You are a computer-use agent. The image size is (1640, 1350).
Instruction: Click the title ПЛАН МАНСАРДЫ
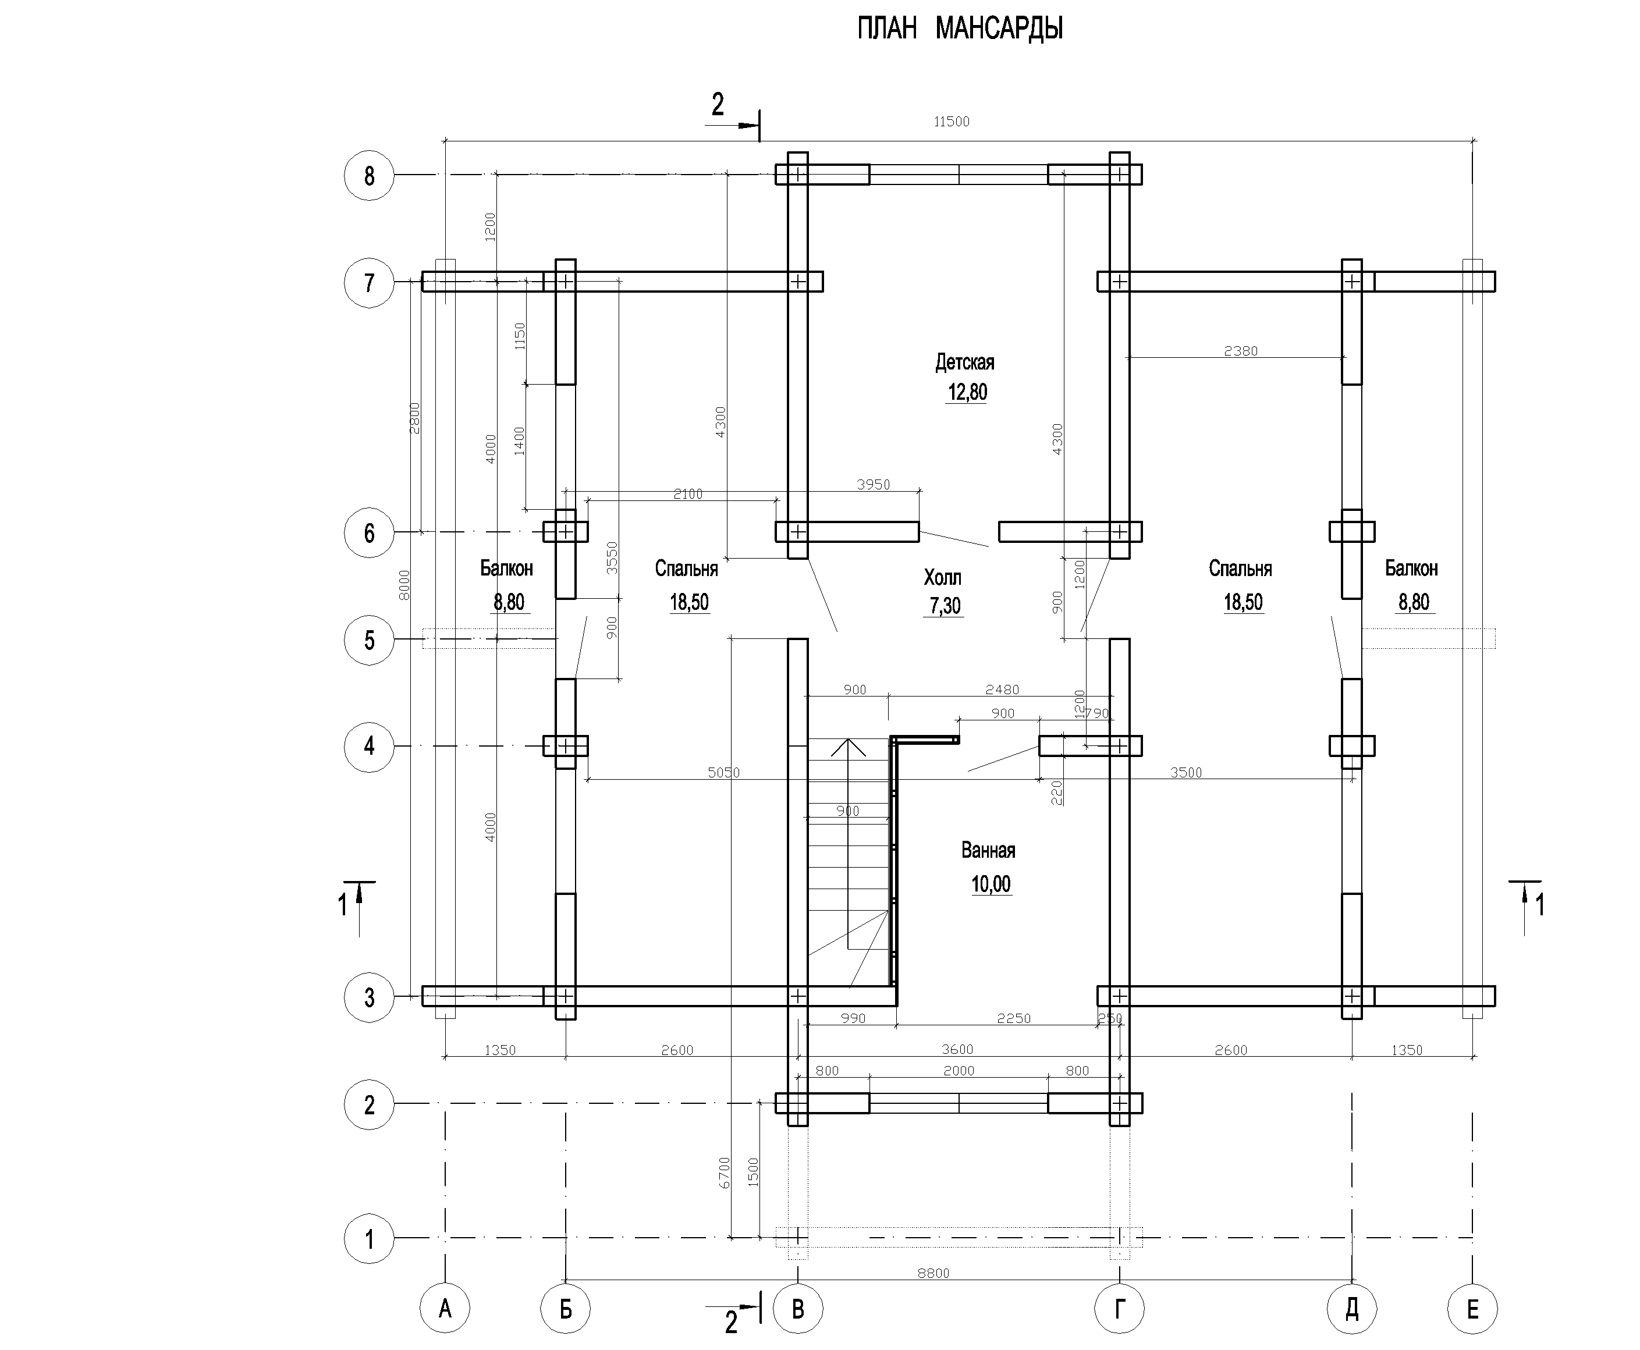[960, 29]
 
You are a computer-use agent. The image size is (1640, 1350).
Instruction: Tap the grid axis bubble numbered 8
[370, 176]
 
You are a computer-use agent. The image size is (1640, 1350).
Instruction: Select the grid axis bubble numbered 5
[370, 640]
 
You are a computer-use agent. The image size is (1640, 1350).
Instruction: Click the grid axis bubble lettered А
[445, 1309]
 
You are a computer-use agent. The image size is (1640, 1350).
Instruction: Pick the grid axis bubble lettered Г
[1119, 1309]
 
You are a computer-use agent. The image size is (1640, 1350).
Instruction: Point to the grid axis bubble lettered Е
[1472, 1309]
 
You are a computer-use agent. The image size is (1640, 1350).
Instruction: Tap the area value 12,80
[967, 392]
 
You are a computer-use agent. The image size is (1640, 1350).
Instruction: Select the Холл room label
[942, 578]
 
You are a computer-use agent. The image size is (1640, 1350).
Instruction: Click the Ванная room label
[988, 850]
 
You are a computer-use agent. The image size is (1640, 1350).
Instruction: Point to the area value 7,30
[945, 606]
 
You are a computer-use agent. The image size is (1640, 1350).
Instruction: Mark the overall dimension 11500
[952, 121]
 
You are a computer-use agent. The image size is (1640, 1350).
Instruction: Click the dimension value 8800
[933, 1273]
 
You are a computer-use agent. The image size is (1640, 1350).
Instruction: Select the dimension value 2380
[1241, 351]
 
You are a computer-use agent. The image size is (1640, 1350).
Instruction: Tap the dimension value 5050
[724, 772]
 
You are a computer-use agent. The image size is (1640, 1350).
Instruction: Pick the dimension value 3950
[874, 485]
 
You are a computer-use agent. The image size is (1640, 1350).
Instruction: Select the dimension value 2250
[1014, 1018]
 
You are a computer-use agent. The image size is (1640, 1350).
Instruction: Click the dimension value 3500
[1186, 772]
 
